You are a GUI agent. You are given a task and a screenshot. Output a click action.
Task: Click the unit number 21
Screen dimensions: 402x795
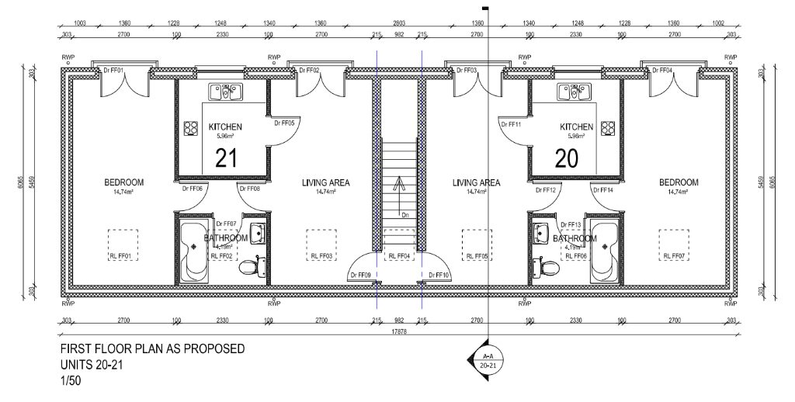225,158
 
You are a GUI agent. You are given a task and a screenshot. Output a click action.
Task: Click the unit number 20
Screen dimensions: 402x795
567,158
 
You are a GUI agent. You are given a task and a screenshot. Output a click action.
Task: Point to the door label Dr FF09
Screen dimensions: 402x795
360,275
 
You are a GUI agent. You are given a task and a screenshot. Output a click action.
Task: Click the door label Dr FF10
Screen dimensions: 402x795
439,275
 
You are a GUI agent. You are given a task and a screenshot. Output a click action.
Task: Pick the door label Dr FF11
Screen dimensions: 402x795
510,124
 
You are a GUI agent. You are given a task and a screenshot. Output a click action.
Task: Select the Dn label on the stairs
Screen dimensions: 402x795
404,213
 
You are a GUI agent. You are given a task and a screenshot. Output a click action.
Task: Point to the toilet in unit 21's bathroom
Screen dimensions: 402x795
250,269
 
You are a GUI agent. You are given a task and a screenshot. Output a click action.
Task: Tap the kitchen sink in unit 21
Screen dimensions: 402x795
225,93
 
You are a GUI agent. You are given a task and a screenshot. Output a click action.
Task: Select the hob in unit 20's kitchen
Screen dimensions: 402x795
609,128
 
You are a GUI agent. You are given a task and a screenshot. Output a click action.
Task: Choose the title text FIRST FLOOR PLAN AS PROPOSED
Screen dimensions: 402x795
152,348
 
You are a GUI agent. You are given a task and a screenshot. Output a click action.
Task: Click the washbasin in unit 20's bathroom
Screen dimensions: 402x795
542,232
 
